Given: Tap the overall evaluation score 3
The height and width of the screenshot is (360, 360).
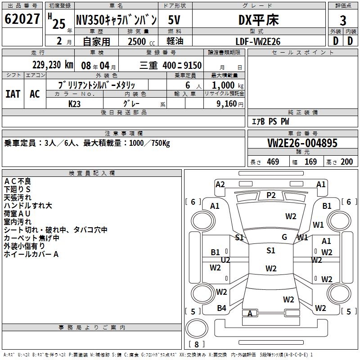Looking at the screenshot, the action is tap(343, 20).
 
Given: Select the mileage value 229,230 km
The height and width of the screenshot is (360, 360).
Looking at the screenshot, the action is tap(52, 65).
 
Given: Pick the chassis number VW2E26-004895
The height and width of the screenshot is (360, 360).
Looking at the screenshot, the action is tap(302, 143).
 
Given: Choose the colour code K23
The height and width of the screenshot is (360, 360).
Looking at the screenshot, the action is tap(75, 103).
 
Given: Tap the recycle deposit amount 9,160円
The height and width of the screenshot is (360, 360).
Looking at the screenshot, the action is tap(229, 103).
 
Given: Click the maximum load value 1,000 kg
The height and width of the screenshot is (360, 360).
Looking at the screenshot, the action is tap(229, 85).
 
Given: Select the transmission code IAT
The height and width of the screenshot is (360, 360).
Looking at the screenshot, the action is tap(13, 94).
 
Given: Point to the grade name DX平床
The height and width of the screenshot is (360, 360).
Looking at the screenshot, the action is tap(258, 20).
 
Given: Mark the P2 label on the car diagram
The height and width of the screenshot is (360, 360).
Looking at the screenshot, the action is tap(271, 195).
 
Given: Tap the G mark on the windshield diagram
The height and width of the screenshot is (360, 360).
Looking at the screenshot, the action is tap(284, 237).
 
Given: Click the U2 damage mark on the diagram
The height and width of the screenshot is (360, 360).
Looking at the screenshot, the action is tap(225, 260).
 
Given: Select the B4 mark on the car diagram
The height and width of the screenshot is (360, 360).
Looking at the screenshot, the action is tap(221, 308).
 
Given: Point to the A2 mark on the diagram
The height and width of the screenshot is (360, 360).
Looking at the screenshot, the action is tap(220, 184).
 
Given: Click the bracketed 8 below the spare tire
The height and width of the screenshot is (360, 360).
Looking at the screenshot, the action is tap(197, 344).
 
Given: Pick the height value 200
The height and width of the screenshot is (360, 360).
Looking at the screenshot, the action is tap(346, 162).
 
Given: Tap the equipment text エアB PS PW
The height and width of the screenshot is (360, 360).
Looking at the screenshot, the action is tap(270, 121).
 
